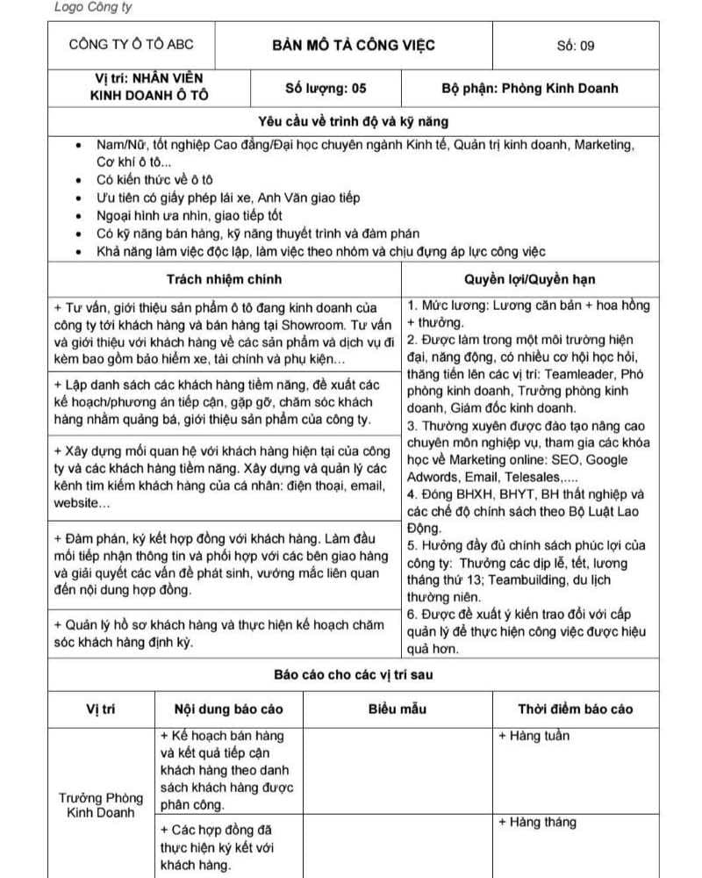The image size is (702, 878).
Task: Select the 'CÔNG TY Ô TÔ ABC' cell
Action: tap(132, 46)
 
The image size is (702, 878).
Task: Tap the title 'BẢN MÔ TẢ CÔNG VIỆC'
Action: tap(354, 46)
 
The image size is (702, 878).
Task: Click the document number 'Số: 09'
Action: tap(576, 46)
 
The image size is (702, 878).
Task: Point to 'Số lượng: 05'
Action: tap(326, 88)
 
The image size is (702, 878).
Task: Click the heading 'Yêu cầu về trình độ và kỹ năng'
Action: tap(354, 122)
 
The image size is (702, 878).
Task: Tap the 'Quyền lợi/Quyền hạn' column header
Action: tap(530, 279)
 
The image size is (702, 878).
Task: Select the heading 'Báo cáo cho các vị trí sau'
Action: tap(354, 675)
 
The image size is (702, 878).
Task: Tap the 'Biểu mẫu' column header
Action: tap(398, 709)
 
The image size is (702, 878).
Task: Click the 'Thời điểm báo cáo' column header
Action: tap(575, 709)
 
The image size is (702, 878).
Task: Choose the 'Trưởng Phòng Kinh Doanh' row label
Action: tap(101, 805)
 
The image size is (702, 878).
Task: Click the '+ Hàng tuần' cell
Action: tap(534, 736)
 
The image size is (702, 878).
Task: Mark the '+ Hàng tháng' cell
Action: tap(537, 822)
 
